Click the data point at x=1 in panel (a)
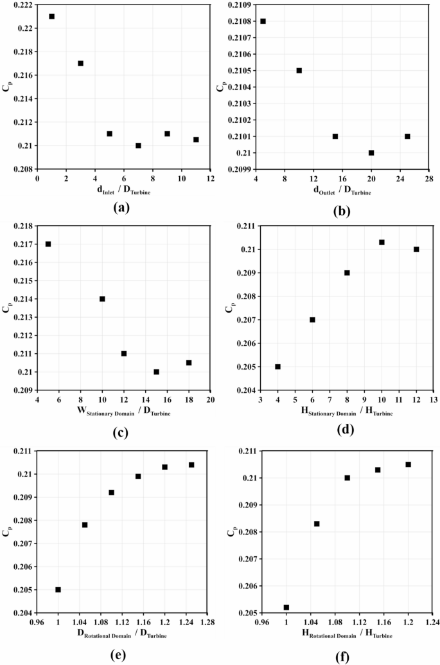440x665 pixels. click(x=52, y=17)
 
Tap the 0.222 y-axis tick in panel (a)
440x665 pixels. click(x=25, y=5)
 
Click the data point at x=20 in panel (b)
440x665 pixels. click(x=371, y=153)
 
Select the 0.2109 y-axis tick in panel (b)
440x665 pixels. click(x=243, y=5)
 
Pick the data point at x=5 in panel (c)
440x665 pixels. click(x=48, y=244)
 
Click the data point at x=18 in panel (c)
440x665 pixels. click(x=189, y=363)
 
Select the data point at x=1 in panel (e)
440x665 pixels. click(x=58, y=590)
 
